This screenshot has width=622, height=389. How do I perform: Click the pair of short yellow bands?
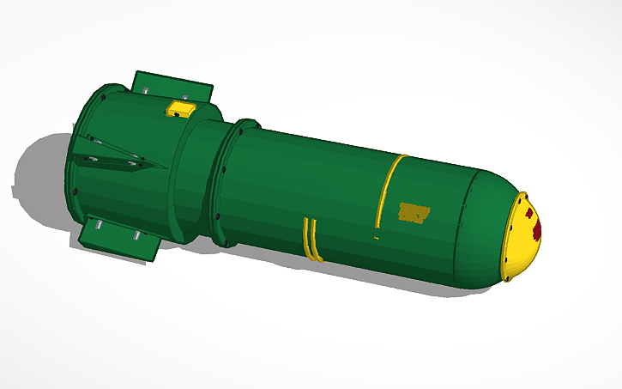click(311, 240)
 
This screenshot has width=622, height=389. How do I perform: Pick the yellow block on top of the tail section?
click(182, 108)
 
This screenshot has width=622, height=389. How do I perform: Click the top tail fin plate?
click(172, 86)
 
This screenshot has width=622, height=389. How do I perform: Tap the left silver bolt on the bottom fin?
click(99, 225)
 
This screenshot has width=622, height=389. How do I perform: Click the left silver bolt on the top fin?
click(146, 88)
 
